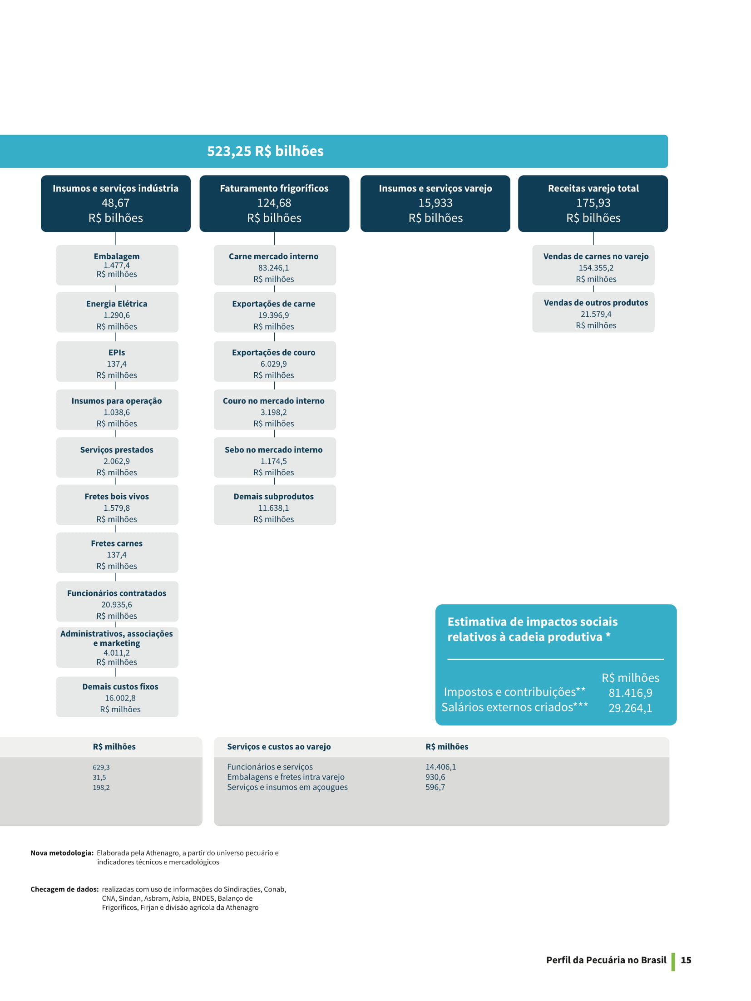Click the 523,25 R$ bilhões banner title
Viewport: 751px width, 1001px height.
point(265,151)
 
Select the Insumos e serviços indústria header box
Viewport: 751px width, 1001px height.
point(116,203)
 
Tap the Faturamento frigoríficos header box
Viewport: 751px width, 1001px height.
point(274,203)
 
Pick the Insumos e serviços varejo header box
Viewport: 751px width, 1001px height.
point(435,203)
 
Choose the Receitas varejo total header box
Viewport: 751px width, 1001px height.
point(593,203)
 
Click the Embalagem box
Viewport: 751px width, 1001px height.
point(117,265)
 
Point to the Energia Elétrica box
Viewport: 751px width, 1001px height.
point(117,312)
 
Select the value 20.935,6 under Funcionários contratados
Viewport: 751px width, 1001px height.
point(117,605)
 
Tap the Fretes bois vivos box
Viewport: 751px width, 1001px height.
point(117,505)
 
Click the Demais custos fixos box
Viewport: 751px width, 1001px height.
point(117,697)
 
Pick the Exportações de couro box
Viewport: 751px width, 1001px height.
point(275,361)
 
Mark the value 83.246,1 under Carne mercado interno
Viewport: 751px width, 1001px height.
point(274,268)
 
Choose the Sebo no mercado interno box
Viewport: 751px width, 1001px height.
point(275,457)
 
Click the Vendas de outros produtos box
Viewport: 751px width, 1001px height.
point(593,312)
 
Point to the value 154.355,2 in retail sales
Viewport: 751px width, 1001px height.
point(596,268)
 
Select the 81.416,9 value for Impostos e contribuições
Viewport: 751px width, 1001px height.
point(630,693)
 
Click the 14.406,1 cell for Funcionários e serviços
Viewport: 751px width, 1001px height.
point(441,767)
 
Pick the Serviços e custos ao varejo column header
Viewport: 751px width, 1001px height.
point(279,747)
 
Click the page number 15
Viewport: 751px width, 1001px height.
point(686,960)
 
